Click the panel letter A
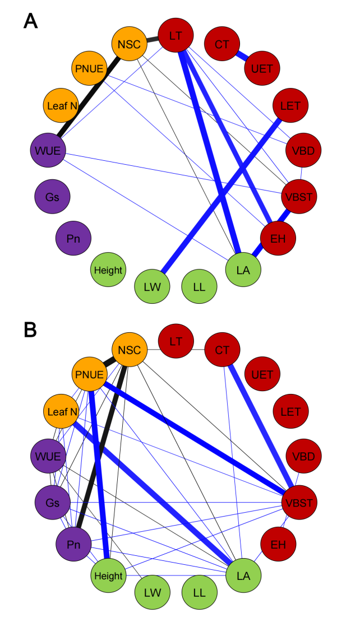(30, 21)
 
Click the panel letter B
(30, 330)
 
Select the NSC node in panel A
(129, 43)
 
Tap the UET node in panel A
(262, 68)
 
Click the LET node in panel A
(290, 105)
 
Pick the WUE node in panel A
(48, 151)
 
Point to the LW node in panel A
(152, 286)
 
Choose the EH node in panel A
(278, 238)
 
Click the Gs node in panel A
(52, 197)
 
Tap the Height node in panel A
(108, 270)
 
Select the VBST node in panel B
(299, 503)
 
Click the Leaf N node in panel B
(61, 412)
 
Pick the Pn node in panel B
(73, 544)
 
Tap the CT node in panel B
(223, 349)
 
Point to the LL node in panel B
(199, 592)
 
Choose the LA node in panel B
(243, 575)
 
